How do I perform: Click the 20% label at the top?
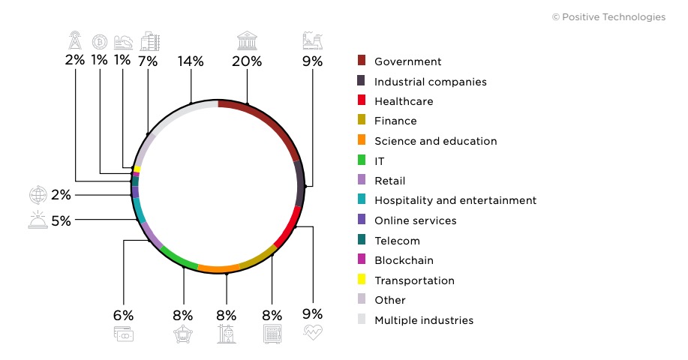(x=247, y=61)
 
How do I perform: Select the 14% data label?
(x=191, y=61)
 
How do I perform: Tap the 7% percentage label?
(x=148, y=61)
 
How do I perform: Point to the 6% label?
(x=123, y=316)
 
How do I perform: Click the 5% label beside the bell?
(x=61, y=220)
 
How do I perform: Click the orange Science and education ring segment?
(x=218, y=268)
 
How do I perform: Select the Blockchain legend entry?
(x=404, y=260)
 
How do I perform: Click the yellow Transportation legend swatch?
(x=362, y=280)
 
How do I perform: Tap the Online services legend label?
(x=415, y=220)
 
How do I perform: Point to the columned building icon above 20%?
(x=247, y=40)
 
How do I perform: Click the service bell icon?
(x=37, y=220)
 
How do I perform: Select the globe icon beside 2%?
(x=38, y=195)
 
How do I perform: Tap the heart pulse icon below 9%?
(x=313, y=334)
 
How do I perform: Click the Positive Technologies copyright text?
(x=608, y=16)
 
